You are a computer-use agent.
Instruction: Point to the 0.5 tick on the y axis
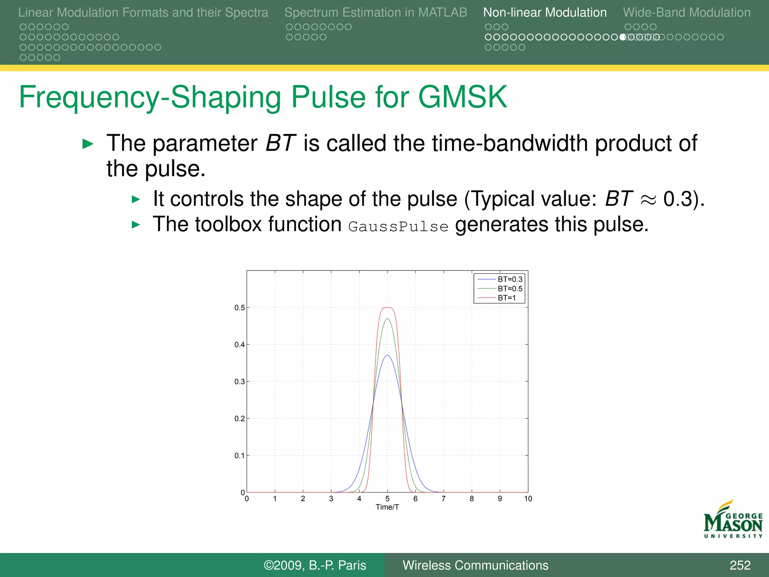tap(240, 308)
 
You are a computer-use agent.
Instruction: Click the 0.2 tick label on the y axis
tap(240, 418)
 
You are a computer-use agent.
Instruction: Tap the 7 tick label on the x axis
tap(443, 498)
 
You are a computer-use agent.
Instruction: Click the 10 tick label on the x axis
tap(528, 498)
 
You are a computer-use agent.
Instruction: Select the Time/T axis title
tap(387, 507)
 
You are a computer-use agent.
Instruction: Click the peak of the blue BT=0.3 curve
tap(388, 355)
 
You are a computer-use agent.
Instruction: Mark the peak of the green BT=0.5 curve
tap(388, 319)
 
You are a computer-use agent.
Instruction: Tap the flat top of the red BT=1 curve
tap(388, 308)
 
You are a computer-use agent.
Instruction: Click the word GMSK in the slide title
tap(462, 97)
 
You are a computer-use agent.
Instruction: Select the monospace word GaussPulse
tap(398, 227)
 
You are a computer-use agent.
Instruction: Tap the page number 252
tap(740, 565)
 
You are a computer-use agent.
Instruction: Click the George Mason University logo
tap(733, 520)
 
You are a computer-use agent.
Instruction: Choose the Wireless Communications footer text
tap(475, 565)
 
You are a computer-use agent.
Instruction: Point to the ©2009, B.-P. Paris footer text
tap(315, 565)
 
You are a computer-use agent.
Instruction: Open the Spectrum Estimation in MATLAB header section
tap(375, 12)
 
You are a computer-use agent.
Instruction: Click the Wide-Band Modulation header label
tap(687, 12)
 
